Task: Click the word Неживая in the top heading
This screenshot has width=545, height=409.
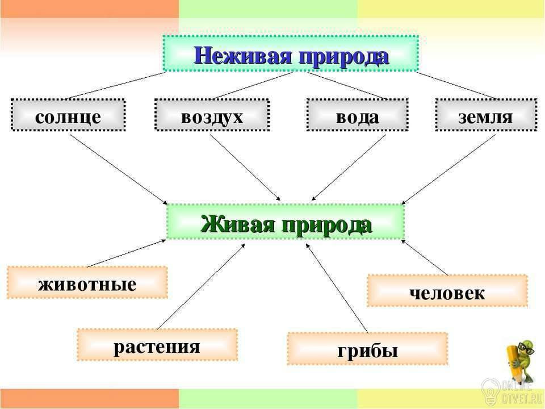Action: point(243,55)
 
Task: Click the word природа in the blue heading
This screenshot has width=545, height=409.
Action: point(343,57)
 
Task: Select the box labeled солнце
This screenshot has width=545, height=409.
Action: point(68,115)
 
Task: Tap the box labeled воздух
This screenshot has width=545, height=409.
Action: point(212,115)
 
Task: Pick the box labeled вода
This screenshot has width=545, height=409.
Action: point(357,115)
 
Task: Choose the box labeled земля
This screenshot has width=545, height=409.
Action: point(487,115)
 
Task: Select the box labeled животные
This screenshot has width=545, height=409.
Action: point(87,282)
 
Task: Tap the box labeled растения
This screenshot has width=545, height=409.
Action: point(157,345)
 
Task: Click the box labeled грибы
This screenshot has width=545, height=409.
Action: point(367,349)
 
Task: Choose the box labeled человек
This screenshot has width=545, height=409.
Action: point(447,291)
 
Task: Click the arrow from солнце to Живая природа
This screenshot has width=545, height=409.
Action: point(119,169)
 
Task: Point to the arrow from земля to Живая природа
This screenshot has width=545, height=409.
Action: point(448,169)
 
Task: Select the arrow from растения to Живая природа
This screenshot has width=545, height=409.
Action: point(201,286)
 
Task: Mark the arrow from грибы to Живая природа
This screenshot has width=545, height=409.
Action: point(337,288)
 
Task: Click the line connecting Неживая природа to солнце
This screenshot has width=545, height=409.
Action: point(114,86)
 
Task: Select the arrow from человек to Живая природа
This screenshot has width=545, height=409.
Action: point(425,257)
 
